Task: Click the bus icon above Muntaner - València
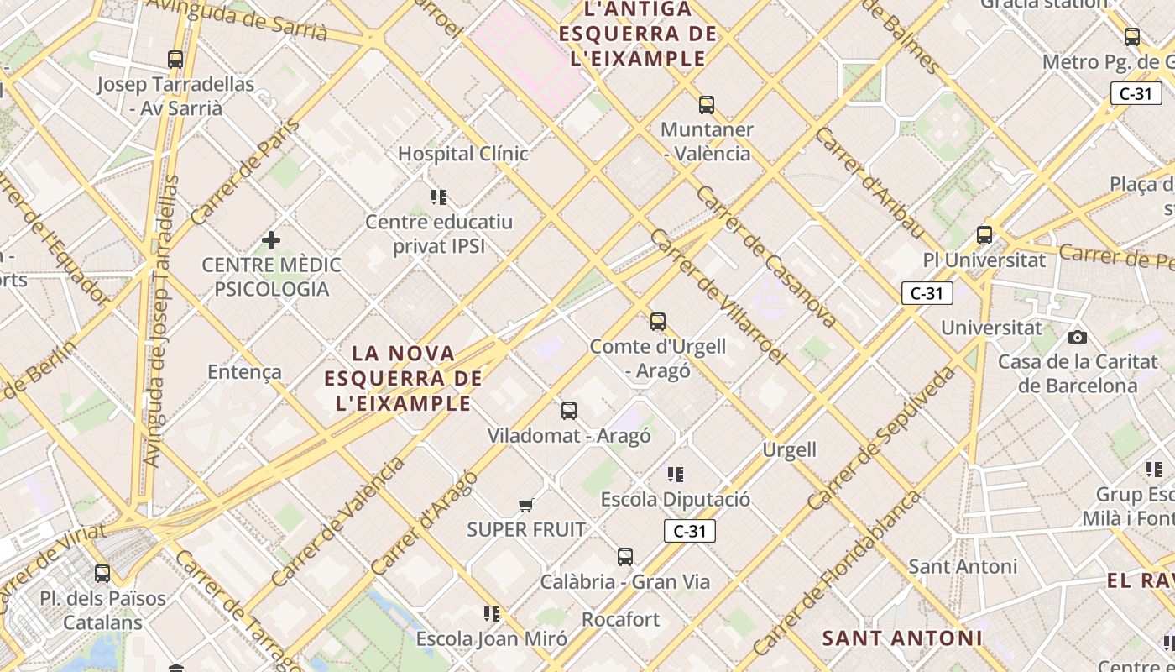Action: pos(707,105)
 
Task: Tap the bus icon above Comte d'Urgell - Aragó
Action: pos(658,322)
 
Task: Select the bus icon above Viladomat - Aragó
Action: pos(569,411)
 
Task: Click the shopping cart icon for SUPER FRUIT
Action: pos(526,505)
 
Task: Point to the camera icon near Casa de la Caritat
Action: pos(1078,338)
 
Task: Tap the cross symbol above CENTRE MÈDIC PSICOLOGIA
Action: pos(271,241)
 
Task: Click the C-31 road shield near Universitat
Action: pos(927,293)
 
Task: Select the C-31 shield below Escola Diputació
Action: pos(689,531)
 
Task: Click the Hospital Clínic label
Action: pos(463,154)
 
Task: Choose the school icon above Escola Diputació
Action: pos(676,475)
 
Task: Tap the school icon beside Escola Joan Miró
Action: pos(492,614)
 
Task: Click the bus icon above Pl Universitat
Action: pos(984,235)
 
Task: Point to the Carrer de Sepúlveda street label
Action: pos(882,438)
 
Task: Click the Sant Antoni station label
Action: pos(963,566)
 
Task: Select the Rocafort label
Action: pos(621,620)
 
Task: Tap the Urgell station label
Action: pos(789,449)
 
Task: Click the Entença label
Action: pos(244,372)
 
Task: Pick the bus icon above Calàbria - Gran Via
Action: pos(625,557)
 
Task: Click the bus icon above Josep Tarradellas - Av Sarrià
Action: pos(175,60)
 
